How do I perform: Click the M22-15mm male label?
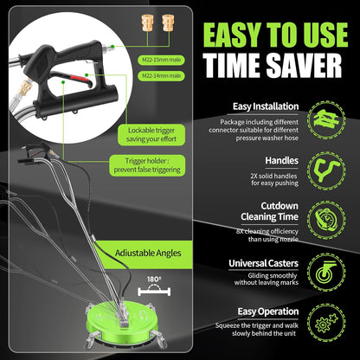tap(162, 60)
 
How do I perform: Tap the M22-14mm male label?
tap(162, 76)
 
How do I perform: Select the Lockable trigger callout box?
tap(151, 135)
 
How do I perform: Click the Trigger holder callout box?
tap(147, 165)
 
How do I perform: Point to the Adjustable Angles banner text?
tap(148, 254)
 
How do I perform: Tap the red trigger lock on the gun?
tap(80, 78)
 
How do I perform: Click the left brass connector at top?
tap(147, 22)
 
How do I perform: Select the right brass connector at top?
tap(168, 22)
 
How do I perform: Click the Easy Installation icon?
tap(326, 119)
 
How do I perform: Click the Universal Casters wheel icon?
tap(326, 273)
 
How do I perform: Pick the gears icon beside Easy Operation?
tap(326, 323)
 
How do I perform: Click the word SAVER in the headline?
tap(304, 65)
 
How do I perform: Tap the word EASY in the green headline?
tap(232, 35)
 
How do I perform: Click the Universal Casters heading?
tap(263, 263)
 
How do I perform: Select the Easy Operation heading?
tap(268, 312)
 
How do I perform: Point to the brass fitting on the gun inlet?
tap(23, 88)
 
